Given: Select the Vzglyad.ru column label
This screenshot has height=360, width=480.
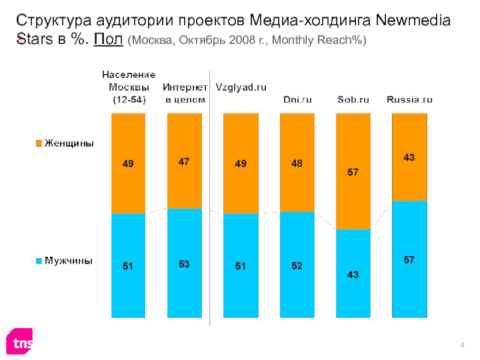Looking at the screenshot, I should coord(241,87).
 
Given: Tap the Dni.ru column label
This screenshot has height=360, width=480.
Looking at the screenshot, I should coord(298,100).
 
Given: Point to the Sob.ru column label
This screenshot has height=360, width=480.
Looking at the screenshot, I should coord(353,100).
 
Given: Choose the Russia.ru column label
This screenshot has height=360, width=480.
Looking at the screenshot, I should coord(409,100).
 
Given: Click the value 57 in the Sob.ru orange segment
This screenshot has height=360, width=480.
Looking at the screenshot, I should coord(353,173).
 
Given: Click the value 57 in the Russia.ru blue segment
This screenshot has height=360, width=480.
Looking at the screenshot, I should coord(410,260).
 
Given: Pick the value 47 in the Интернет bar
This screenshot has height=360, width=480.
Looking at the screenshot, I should coord(185,161).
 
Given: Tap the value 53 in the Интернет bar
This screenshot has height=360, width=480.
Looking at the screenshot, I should coord(185,265).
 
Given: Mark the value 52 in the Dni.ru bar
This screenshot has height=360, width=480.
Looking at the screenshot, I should coord(298,266).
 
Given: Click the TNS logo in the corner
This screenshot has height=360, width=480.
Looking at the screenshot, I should coord(21,343).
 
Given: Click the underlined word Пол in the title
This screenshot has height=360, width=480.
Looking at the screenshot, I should coord(109,40).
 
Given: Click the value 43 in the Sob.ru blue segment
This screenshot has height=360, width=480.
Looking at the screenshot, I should coord(353,275).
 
